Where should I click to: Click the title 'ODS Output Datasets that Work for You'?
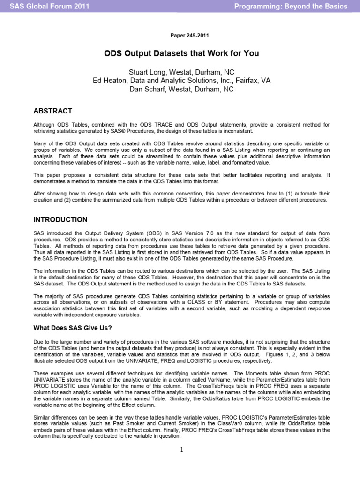(x=181, y=53)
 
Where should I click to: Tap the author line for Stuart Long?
(x=181, y=72)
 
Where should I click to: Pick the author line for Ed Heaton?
(x=181, y=81)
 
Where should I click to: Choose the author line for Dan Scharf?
(x=181, y=89)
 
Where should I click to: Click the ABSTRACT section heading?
(x=52, y=111)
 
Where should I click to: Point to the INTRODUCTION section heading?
(x=60, y=219)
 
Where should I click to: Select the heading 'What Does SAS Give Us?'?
(x=73, y=328)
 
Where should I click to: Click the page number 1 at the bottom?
(x=181, y=450)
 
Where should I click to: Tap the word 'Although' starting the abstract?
(x=44, y=125)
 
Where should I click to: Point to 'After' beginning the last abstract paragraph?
(x=39, y=193)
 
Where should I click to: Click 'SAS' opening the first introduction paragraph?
(x=38, y=233)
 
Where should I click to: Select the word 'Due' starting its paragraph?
(x=38, y=342)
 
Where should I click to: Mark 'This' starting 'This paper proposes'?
(x=39, y=175)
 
